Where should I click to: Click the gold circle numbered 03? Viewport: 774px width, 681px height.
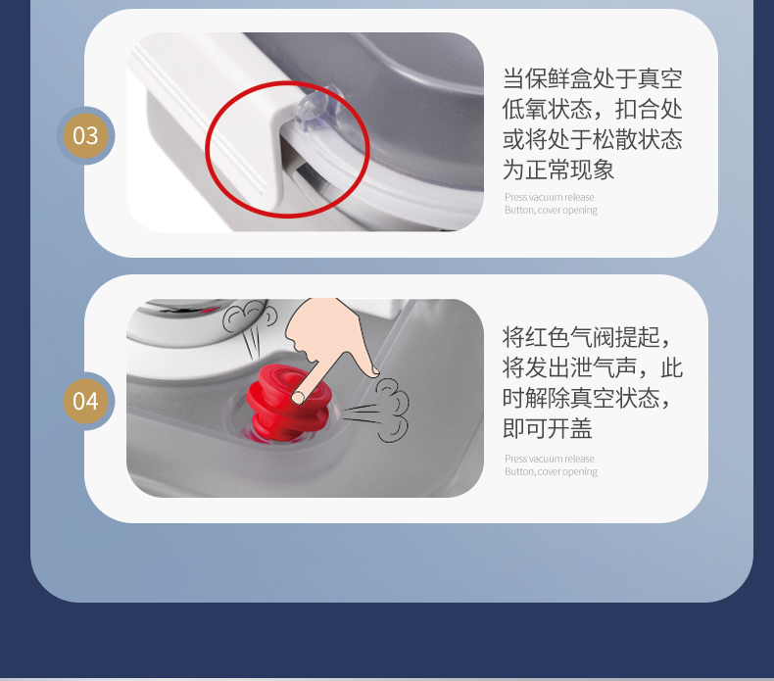(x=85, y=136)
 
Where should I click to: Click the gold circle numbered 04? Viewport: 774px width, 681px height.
(x=85, y=401)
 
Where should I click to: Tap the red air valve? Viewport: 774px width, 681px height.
(x=288, y=403)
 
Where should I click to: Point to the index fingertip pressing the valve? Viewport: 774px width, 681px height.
(x=298, y=397)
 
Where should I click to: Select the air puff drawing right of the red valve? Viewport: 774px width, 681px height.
(x=377, y=410)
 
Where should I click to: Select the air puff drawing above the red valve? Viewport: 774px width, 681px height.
(x=249, y=327)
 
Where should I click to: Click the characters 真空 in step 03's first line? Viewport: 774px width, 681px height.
(x=660, y=79)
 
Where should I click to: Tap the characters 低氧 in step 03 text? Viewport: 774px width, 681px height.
(x=525, y=109)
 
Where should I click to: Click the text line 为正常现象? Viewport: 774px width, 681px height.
(x=558, y=170)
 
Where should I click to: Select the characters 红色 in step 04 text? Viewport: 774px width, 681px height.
(x=548, y=337)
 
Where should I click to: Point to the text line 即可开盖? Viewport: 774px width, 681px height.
(x=547, y=428)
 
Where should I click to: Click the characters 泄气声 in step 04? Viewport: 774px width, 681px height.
(x=604, y=367)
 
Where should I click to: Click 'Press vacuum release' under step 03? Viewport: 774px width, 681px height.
(x=550, y=197)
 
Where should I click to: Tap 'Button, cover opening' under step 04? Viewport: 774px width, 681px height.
(x=551, y=471)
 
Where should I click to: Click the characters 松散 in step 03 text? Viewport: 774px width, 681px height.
(x=614, y=140)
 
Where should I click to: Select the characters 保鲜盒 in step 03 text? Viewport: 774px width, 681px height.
(x=558, y=79)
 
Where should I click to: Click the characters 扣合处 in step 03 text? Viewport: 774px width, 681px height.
(x=649, y=109)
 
